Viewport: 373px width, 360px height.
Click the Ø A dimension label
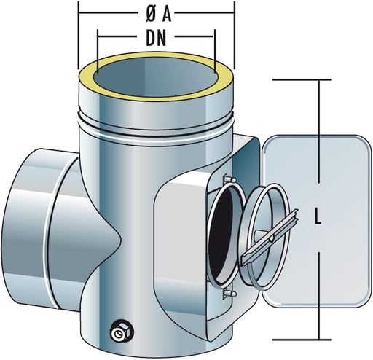click(159, 15)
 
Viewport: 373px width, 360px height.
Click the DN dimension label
click(156, 39)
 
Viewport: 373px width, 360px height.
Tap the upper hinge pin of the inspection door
click(229, 179)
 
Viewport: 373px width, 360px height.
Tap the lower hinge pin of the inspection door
click(229, 294)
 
